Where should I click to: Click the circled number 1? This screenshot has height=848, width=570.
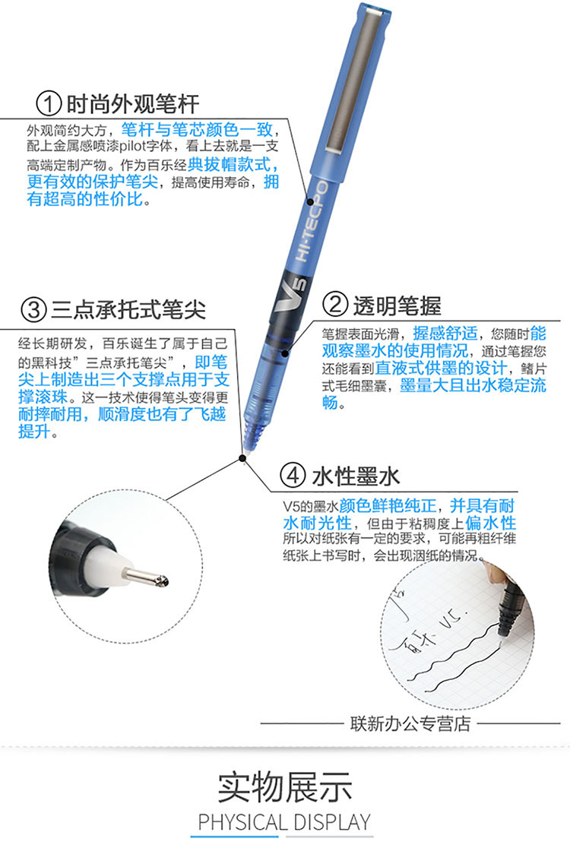(49, 103)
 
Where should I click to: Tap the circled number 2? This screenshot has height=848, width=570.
(334, 305)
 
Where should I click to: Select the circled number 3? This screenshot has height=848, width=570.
(33, 309)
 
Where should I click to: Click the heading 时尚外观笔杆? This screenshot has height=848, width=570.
(133, 104)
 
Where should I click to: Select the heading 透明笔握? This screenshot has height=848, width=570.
(397, 305)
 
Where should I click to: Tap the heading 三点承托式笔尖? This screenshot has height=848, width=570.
(128, 309)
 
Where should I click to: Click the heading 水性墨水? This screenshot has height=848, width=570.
(356, 476)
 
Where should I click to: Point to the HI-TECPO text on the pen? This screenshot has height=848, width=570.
(312, 222)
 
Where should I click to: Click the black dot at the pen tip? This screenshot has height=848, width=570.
(242, 459)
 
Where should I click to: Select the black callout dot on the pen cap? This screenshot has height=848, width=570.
(311, 202)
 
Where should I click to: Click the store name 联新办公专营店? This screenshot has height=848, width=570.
(410, 723)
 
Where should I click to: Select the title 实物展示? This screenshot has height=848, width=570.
(285, 787)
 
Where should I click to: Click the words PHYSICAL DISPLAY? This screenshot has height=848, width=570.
(284, 822)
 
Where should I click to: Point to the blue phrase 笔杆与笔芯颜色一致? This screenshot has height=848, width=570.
(197, 130)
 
